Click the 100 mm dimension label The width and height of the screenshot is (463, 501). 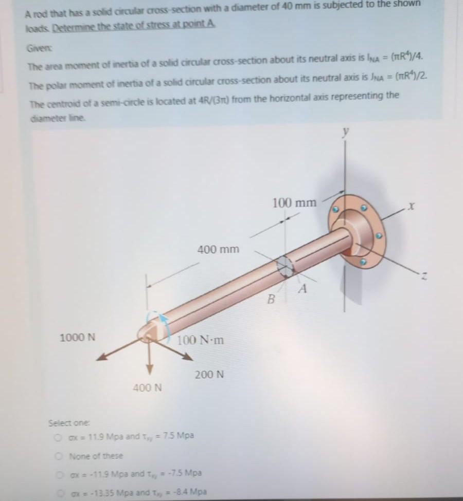pyautogui.click(x=294, y=202)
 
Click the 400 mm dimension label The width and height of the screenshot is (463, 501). pyautogui.click(x=218, y=250)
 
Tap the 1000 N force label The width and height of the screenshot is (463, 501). pyautogui.click(x=78, y=338)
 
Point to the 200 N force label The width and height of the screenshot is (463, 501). pyautogui.click(x=209, y=375)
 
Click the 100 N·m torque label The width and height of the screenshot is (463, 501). pyautogui.click(x=201, y=340)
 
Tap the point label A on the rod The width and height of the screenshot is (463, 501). pyautogui.click(x=304, y=289)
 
